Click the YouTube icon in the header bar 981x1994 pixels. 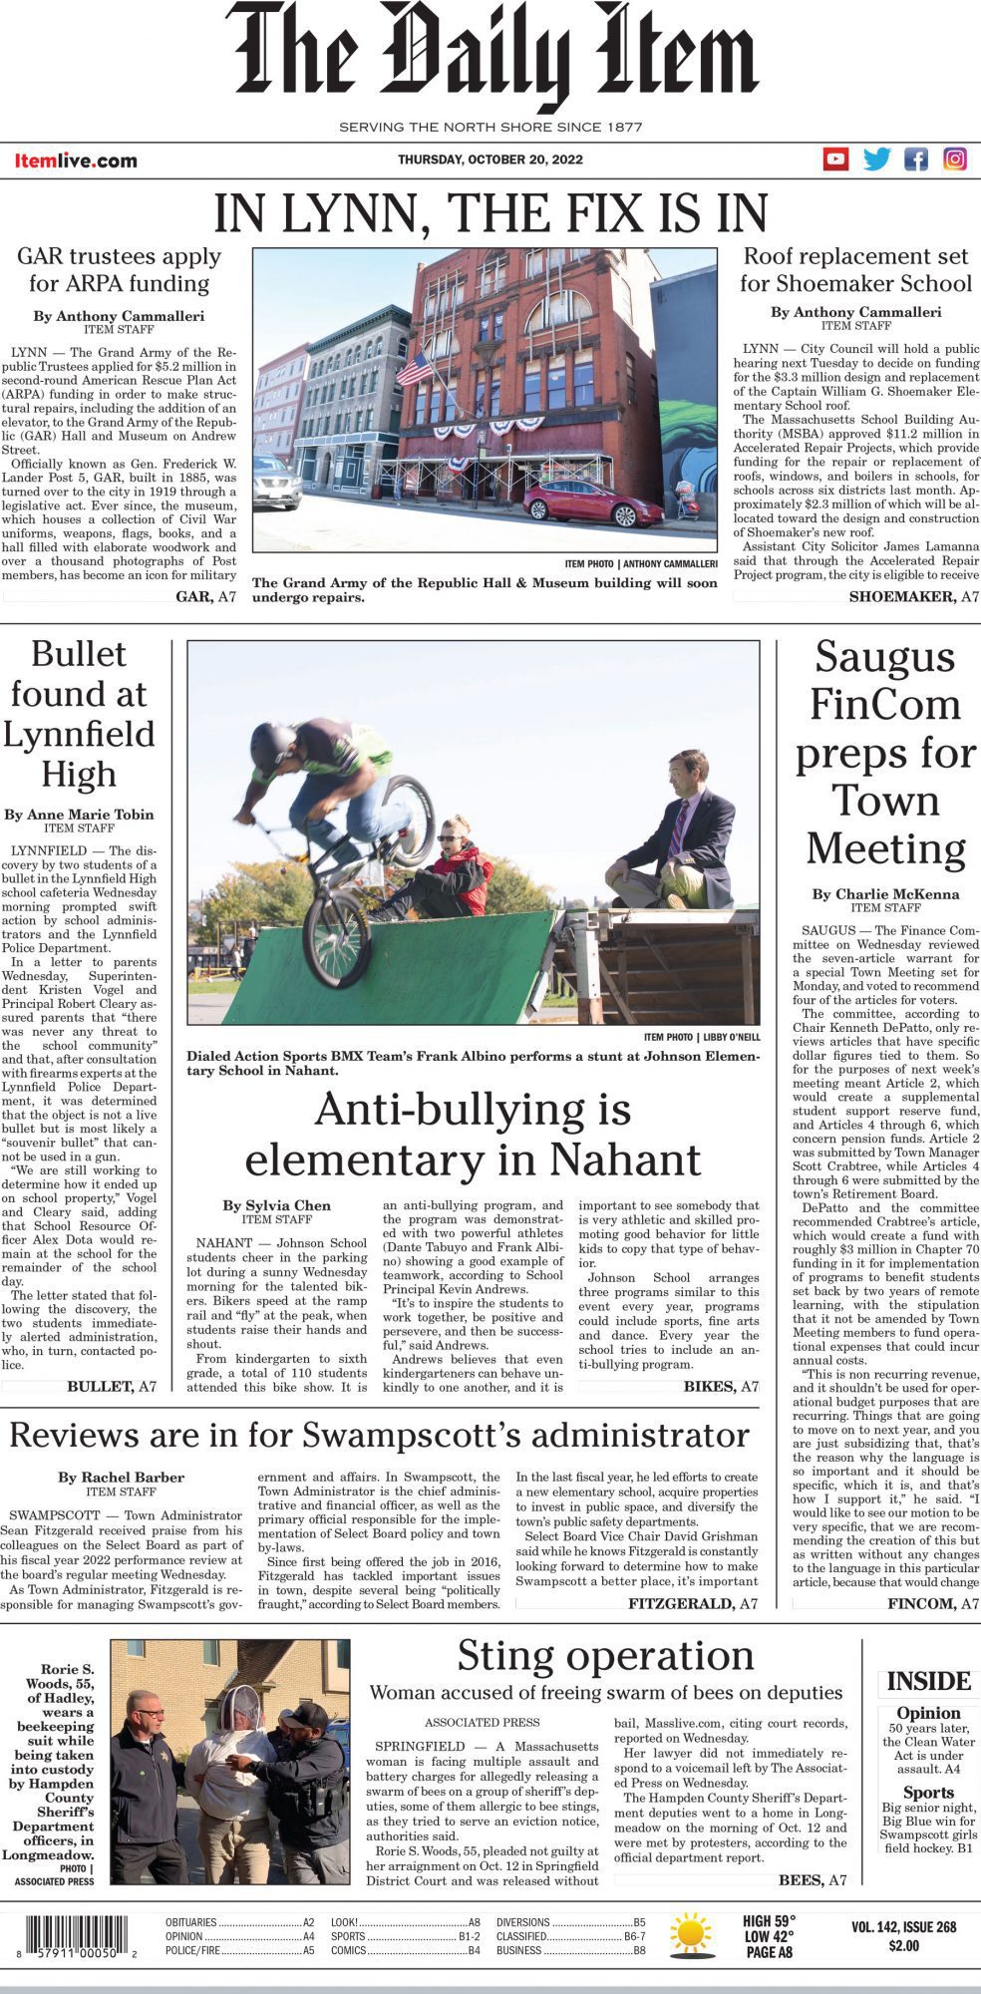pyautogui.click(x=835, y=159)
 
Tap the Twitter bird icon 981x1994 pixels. pyautogui.click(x=876, y=159)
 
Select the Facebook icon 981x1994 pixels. pyautogui.click(x=916, y=159)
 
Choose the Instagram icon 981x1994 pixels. pyautogui.click(x=955, y=159)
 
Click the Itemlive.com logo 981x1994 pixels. pyautogui.click(x=76, y=161)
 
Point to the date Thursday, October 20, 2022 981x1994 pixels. pyautogui.click(x=490, y=160)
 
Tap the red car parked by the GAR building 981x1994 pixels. pyautogui.click(x=593, y=503)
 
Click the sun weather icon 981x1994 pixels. pyautogui.click(x=690, y=1933)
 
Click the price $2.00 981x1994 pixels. pyautogui.click(x=903, y=1945)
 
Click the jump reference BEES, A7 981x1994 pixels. pyautogui.click(x=812, y=1879)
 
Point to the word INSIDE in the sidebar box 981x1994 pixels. pyautogui.click(x=928, y=1682)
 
